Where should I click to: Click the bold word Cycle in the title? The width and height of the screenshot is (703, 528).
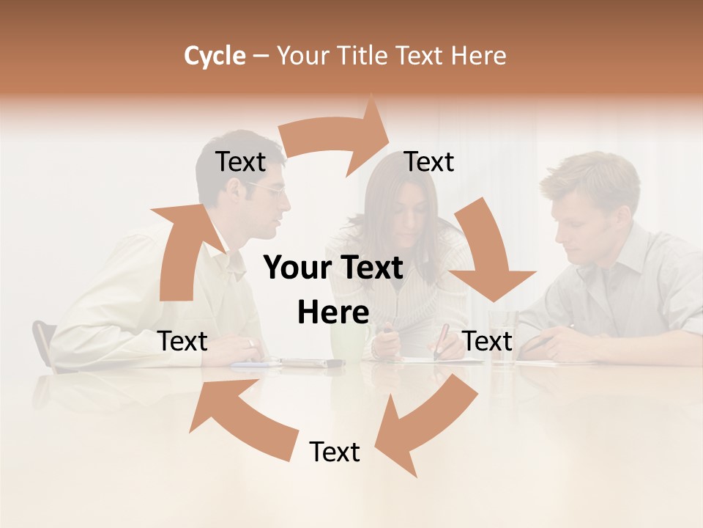tap(215, 56)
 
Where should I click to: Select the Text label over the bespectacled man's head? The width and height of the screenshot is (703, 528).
tap(240, 162)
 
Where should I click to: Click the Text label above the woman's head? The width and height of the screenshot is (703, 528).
tap(429, 162)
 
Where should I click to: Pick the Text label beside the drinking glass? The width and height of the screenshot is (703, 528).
tap(488, 341)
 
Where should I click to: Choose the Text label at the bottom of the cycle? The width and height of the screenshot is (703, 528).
tap(335, 452)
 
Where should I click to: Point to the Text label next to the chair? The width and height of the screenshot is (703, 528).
tap(183, 341)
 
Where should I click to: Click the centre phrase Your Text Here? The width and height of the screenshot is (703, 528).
tap(333, 290)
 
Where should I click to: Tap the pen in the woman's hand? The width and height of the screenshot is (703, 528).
tap(442, 341)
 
